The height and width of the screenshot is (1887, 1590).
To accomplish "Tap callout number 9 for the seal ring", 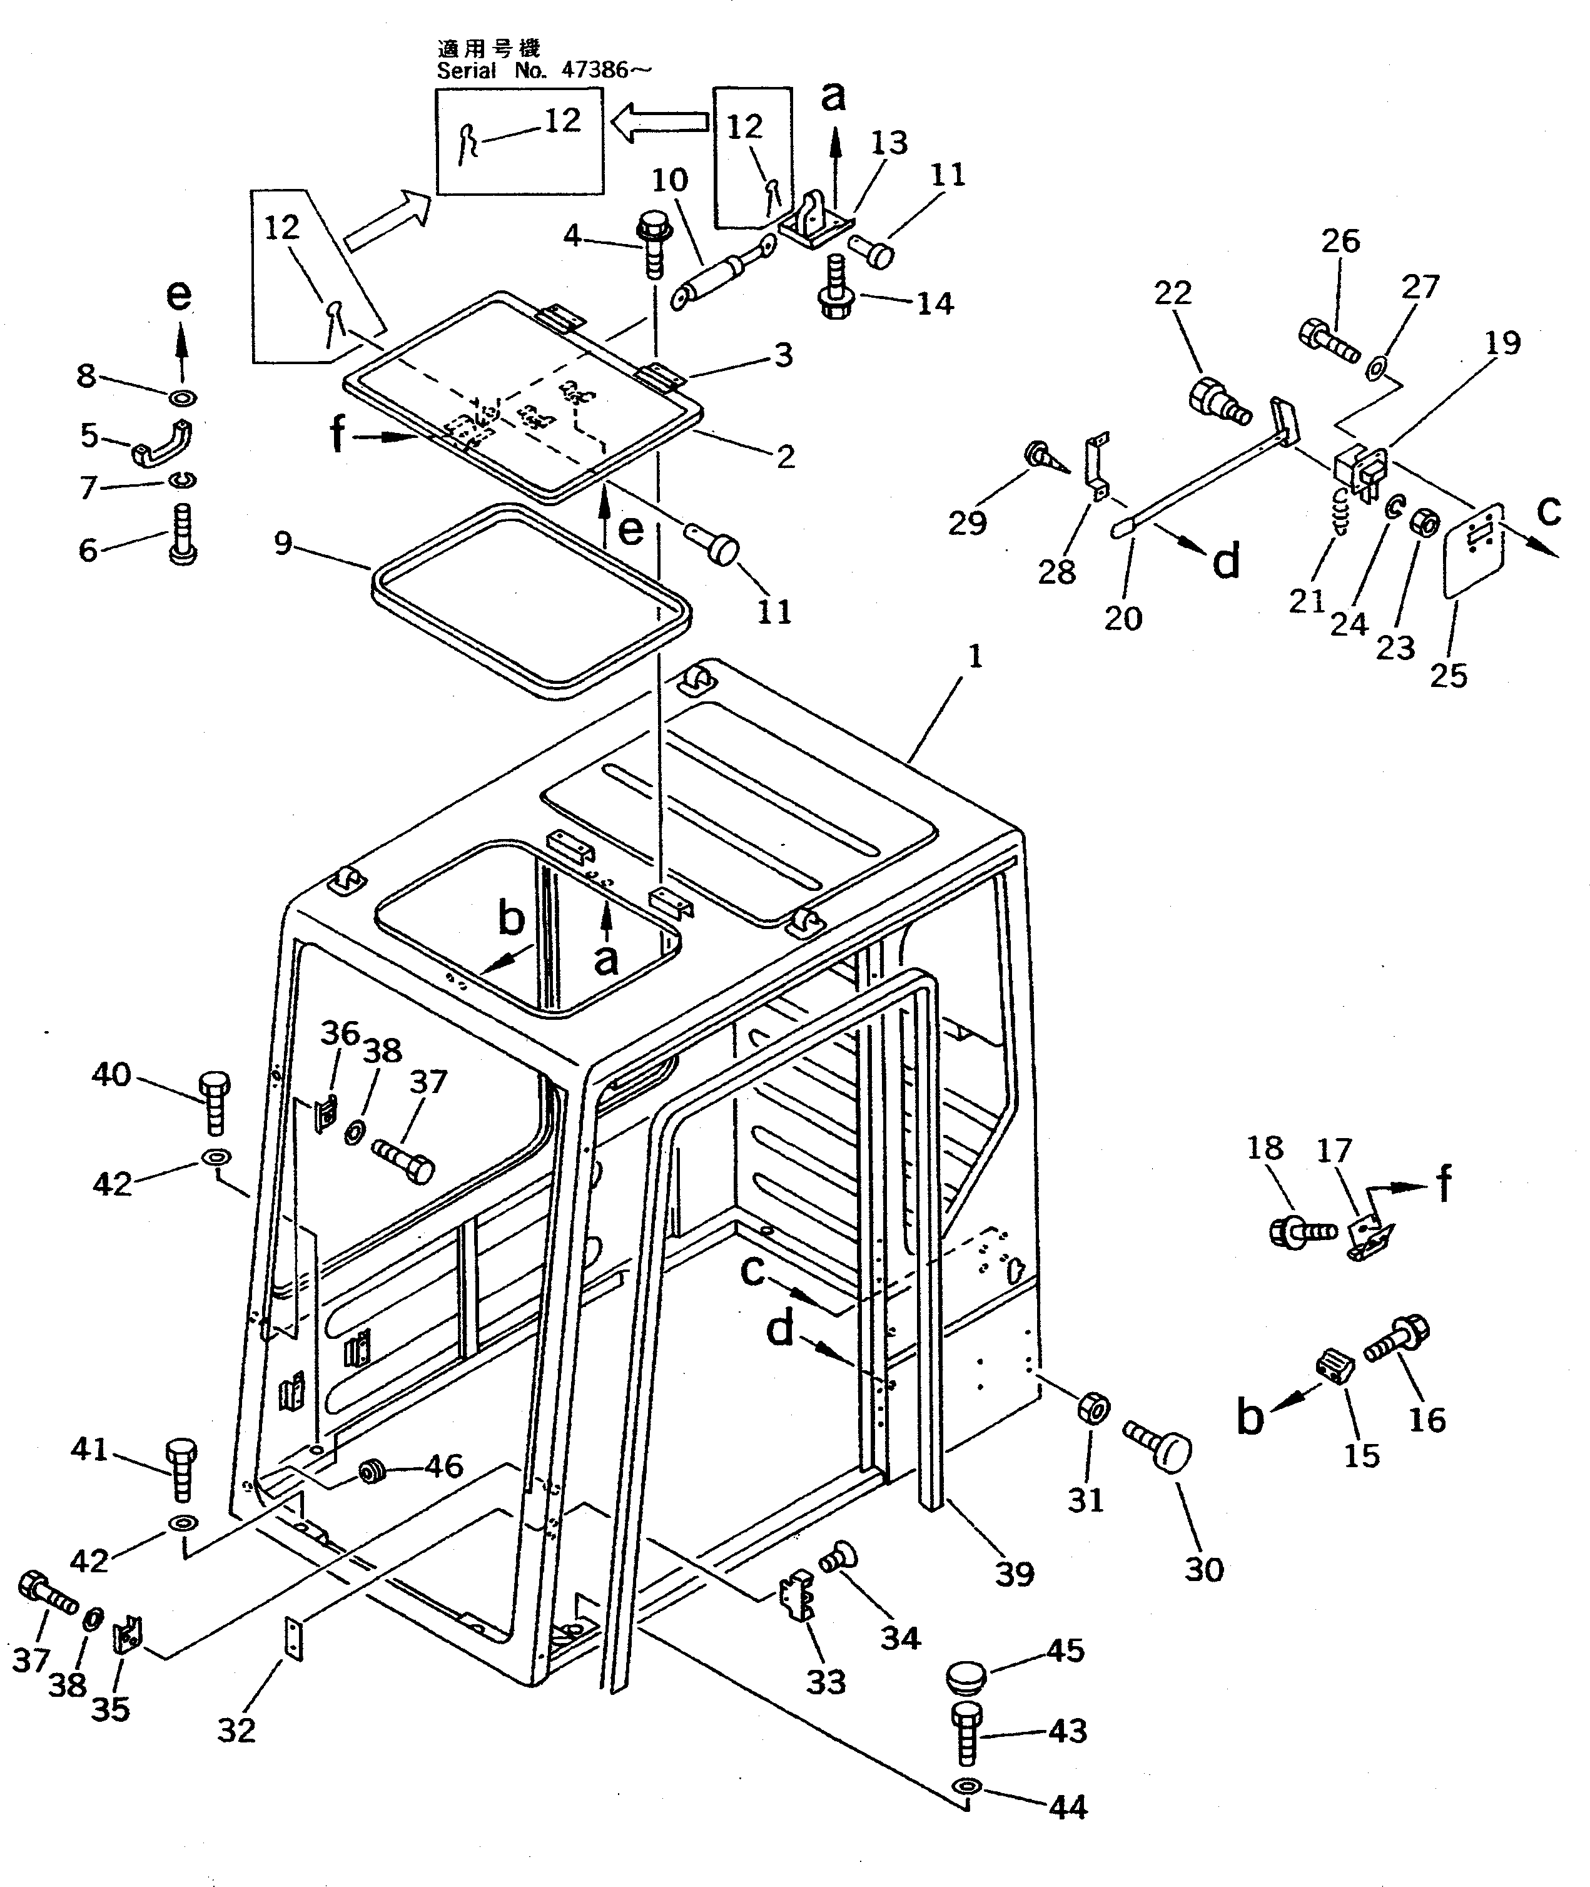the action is [283, 544].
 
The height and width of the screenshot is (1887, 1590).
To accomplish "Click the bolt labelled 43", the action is [965, 1734].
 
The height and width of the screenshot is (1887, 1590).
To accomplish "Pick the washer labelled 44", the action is [966, 1786].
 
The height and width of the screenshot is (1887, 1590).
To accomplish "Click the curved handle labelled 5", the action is [162, 444].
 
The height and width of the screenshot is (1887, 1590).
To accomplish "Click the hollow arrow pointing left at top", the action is [659, 122].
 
